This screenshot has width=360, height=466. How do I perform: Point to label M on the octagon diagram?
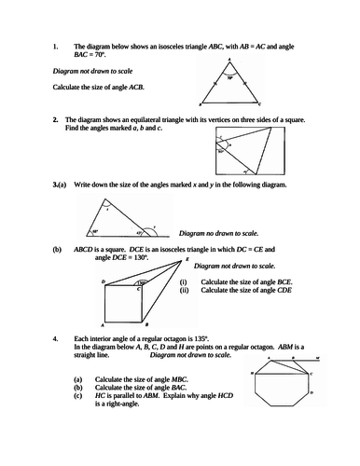coord(317,357)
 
